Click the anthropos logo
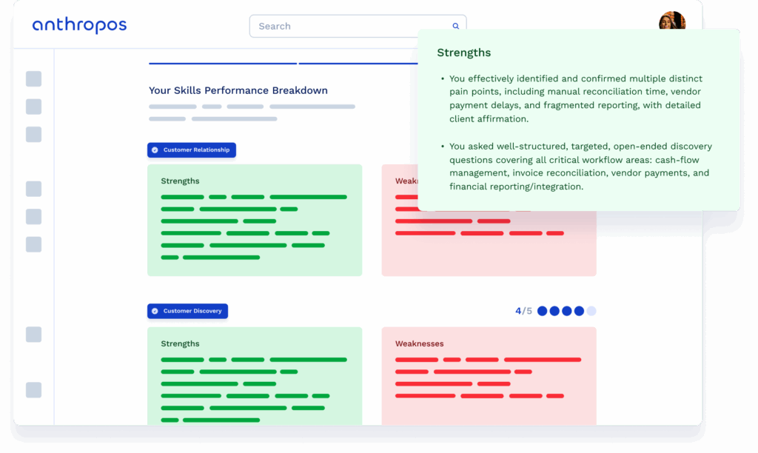pyautogui.click(x=79, y=26)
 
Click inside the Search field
pyautogui.click(x=348, y=26)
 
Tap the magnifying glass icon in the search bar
pyautogui.click(x=456, y=26)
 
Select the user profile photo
pyautogui.click(x=671, y=21)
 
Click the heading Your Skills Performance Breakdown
pyautogui.click(x=238, y=90)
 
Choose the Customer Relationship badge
pyautogui.click(x=192, y=150)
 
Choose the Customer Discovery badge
pyautogui.click(x=187, y=311)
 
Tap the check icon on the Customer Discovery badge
pyautogui.click(x=155, y=311)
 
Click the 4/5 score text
pyautogui.click(x=523, y=311)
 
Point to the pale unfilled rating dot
pyautogui.click(x=591, y=311)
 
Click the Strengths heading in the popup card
pyautogui.click(x=464, y=53)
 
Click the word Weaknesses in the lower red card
pyautogui.click(x=420, y=343)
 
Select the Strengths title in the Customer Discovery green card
pyautogui.click(x=180, y=343)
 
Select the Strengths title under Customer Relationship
pyautogui.click(x=180, y=181)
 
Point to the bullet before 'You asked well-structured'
pyautogui.click(x=442, y=147)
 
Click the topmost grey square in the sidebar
pyautogui.click(x=34, y=79)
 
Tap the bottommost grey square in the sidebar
pyautogui.click(x=34, y=390)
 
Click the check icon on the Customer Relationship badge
pyautogui.click(x=155, y=150)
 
